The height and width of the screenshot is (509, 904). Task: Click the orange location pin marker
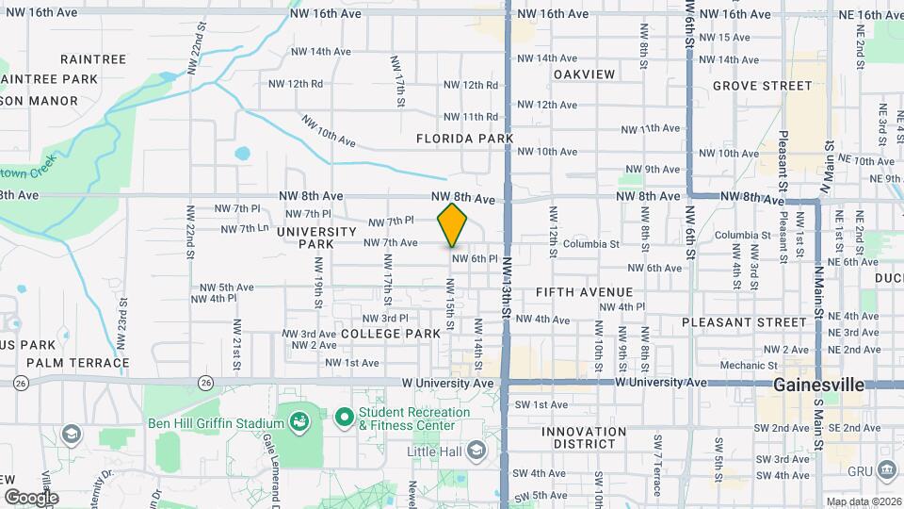pyautogui.click(x=453, y=224)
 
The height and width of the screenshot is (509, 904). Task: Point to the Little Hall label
pyautogui.click(x=437, y=452)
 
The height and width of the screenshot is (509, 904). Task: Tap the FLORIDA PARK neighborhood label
pyautogui.click(x=465, y=139)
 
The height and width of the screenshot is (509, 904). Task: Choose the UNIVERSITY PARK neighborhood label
pyautogui.click(x=315, y=238)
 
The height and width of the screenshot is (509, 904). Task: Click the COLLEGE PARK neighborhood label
pyautogui.click(x=391, y=334)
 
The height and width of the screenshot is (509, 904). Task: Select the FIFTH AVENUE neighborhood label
pyautogui.click(x=584, y=292)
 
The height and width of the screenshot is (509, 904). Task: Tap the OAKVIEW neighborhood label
pyautogui.click(x=584, y=74)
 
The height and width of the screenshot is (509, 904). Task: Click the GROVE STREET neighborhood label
pyautogui.click(x=762, y=86)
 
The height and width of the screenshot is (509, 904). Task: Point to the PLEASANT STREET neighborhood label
pyautogui.click(x=744, y=321)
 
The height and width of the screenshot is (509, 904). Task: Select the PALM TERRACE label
pyautogui.click(x=78, y=362)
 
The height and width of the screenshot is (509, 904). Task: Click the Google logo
pyautogui.click(x=31, y=498)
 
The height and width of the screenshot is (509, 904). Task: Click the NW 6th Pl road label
pyautogui.click(x=474, y=258)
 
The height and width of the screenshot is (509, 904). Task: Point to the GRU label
pyautogui.click(x=860, y=470)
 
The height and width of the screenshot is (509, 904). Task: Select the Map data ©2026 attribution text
pyautogui.click(x=864, y=501)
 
